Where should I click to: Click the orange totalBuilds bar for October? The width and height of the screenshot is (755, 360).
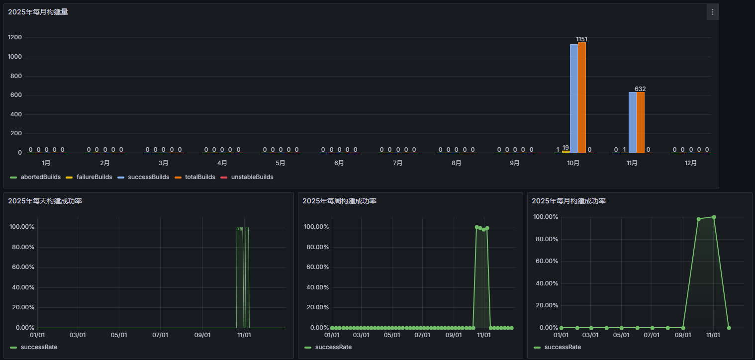[x=582, y=97]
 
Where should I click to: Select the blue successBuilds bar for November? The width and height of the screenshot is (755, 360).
[x=633, y=122]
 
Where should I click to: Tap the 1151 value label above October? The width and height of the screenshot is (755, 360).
[x=581, y=39]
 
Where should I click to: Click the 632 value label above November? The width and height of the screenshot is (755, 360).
[x=640, y=89]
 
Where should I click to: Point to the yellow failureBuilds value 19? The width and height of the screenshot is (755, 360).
[x=566, y=148]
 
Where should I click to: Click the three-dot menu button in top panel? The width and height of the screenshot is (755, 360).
[x=713, y=12]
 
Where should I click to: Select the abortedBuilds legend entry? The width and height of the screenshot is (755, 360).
[x=35, y=177]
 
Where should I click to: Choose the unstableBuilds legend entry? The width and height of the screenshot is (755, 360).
[x=247, y=177]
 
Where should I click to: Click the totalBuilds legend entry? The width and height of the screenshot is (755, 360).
[x=195, y=177]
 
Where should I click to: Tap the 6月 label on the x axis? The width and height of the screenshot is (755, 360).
[x=339, y=163]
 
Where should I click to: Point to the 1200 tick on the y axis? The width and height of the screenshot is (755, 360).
[x=15, y=37]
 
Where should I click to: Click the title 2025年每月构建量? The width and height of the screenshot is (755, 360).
[x=38, y=12]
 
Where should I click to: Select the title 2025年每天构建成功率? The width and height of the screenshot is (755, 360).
[x=45, y=201]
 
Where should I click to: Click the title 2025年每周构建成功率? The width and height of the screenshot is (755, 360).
[x=339, y=201]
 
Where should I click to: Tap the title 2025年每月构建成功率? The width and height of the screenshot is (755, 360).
[x=568, y=201]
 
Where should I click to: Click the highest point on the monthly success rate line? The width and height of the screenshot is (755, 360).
[x=714, y=217]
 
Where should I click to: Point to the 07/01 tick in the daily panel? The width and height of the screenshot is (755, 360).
[x=160, y=335]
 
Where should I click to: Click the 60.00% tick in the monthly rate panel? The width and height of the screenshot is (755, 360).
[x=547, y=261]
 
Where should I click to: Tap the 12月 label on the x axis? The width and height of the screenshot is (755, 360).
[x=691, y=163]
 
